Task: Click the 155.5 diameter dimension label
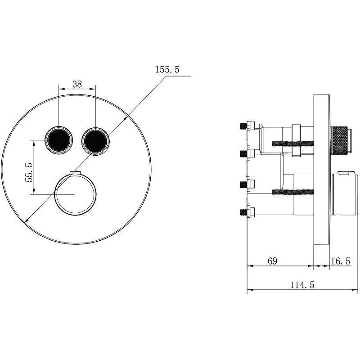(167, 69)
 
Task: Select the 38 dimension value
(77, 84)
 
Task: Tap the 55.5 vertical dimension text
(29, 172)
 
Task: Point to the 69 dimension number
(272, 261)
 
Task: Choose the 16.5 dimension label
(340, 261)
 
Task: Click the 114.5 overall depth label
(302, 285)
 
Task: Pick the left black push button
(59, 140)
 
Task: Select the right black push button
(95, 141)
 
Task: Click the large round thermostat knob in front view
(75, 195)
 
